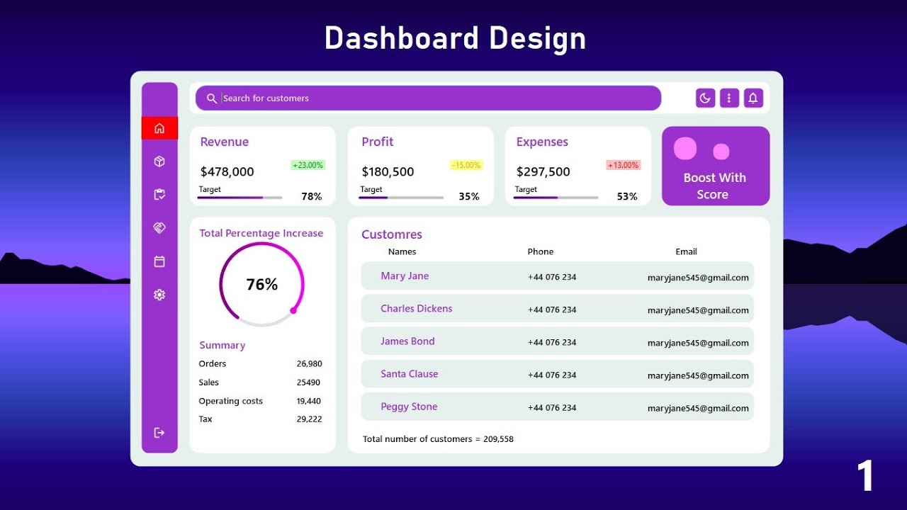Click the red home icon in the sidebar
pos(159,128)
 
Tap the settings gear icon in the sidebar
pos(159,295)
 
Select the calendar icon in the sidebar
pos(159,261)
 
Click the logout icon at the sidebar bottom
pos(159,433)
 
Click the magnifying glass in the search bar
pos(211,98)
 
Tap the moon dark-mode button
pos(705,98)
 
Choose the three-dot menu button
pos(729,98)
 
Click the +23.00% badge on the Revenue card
pos(308,165)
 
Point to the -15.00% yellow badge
pos(466,165)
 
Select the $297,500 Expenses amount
pos(543,171)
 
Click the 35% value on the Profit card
pos(469,196)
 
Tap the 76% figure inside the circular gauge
pos(262,285)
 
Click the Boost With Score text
pos(714,186)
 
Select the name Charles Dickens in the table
pos(416,309)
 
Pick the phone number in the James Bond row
pos(552,342)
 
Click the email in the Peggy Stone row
pos(698,408)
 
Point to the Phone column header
pos(541,251)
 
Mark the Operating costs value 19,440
pos(309,401)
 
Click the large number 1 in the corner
pos(865,475)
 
